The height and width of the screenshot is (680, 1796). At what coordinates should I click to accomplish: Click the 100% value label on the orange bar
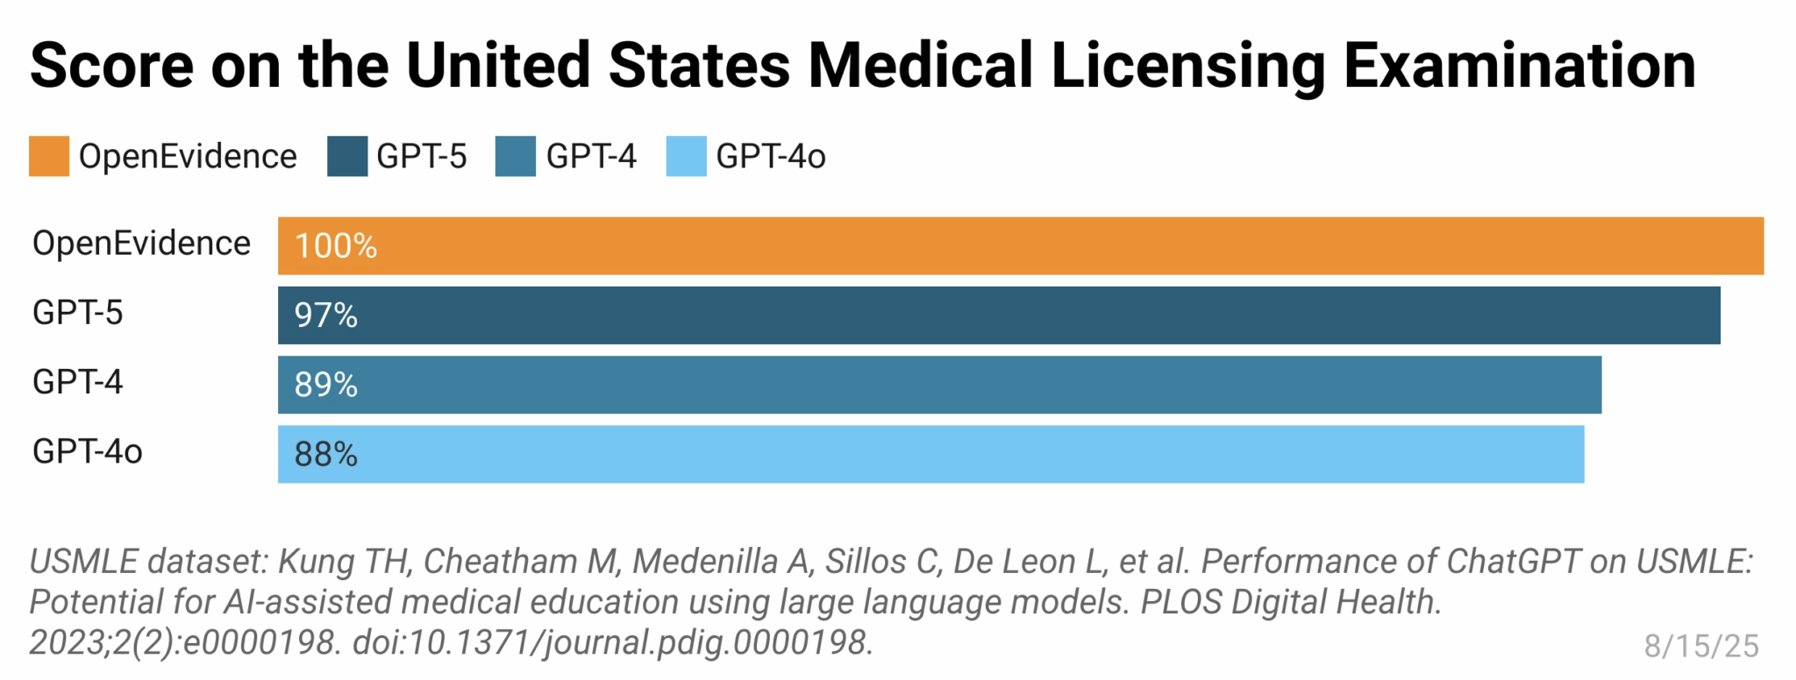click(335, 246)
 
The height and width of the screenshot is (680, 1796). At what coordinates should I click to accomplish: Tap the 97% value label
click(325, 315)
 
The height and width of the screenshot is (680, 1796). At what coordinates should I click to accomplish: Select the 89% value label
click(325, 385)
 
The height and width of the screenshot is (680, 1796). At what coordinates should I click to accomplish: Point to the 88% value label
click(325, 455)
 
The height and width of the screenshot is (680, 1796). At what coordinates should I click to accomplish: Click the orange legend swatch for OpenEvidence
click(49, 157)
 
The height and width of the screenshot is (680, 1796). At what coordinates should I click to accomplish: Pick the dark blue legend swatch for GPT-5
click(347, 157)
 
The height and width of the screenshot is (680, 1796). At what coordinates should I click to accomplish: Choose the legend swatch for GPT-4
click(516, 157)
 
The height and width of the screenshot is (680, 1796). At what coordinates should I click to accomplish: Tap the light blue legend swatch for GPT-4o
click(686, 157)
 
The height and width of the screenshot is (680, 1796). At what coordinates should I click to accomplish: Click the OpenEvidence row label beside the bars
click(141, 244)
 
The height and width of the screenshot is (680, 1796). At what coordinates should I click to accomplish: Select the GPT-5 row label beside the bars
click(77, 313)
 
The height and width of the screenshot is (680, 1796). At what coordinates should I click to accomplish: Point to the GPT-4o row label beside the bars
click(87, 452)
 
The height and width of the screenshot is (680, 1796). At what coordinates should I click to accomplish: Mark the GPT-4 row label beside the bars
click(77, 382)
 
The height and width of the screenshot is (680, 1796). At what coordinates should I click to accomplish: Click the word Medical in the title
click(920, 66)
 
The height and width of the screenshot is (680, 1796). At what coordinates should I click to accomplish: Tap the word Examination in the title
click(1519, 66)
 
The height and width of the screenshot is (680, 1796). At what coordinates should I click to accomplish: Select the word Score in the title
click(111, 66)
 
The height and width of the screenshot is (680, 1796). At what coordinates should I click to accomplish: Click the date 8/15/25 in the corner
click(1700, 646)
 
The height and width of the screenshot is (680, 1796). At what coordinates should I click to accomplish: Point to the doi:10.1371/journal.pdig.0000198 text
click(612, 643)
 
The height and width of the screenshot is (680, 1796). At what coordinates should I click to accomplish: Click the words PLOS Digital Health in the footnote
click(1290, 603)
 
